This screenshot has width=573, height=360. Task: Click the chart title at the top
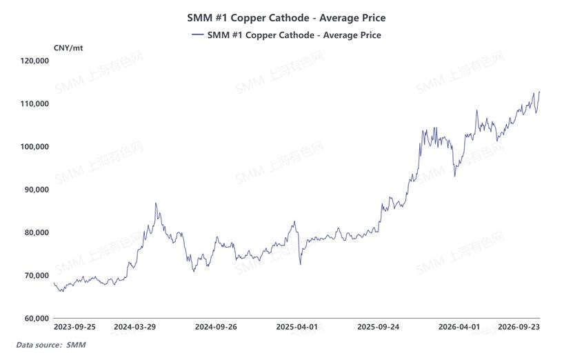(286, 18)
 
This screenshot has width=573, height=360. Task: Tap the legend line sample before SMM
(198, 34)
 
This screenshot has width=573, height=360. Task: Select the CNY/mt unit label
(68, 48)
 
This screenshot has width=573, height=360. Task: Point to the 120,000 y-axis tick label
(34, 61)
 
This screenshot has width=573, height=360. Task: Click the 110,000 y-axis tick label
(34, 104)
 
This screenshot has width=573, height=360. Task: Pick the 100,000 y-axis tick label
(34, 147)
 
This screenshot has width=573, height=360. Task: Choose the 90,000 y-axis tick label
(37, 190)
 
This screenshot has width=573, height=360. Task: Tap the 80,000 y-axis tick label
(37, 232)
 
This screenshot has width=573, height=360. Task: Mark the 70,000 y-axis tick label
(37, 276)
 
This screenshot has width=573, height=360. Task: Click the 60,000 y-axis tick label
(37, 319)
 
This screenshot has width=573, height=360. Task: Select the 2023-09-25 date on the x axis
(74, 327)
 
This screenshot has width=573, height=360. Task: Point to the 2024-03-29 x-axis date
(135, 327)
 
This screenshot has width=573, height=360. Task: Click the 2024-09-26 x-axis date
(216, 327)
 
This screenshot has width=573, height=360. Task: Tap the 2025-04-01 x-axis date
(297, 327)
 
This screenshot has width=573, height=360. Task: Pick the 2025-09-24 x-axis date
(379, 327)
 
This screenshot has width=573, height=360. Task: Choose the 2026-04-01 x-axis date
(459, 327)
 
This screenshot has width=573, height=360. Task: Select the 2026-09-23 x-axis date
(519, 327)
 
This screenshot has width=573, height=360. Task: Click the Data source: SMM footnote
(51, 345)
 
